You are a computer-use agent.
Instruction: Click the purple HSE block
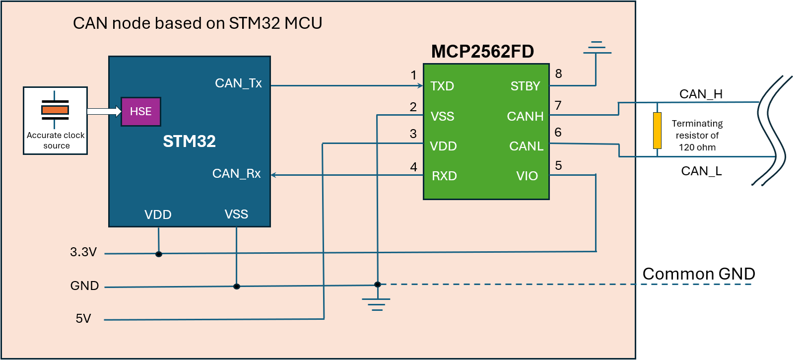[140, 112]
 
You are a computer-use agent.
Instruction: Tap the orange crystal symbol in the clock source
[55, 110]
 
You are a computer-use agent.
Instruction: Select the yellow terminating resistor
[657, 131]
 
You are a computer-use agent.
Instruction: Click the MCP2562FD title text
[482, 52]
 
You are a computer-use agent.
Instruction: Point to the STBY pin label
[525, 86]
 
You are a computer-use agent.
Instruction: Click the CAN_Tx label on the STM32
[238, 83]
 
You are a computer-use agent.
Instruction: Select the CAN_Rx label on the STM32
[236, 174]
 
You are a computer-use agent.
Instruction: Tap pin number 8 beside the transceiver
[558, 74]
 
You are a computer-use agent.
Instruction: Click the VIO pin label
[527, 176]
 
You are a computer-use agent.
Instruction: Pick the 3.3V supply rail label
[83, 252]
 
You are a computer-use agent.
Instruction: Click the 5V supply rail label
[83, 319]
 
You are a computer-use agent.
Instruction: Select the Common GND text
[698, 274]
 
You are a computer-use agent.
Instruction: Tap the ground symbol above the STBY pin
[596, 48]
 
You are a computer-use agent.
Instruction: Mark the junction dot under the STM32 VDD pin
[159, 254]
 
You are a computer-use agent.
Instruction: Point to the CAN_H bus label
[700, 94]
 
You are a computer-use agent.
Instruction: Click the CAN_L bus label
[701, 171]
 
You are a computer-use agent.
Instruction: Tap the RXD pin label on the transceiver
[444, 176]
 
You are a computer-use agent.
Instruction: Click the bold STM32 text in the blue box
[189, 142]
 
